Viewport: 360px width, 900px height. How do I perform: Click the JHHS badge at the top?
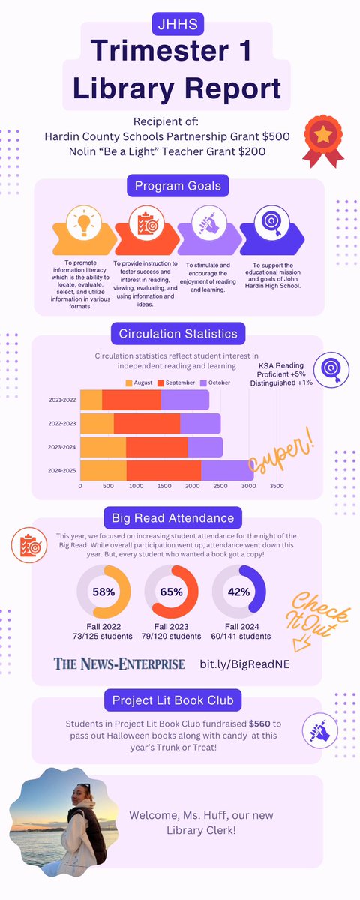(x=179, y=22)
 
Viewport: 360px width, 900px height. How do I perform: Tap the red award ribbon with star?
(x=324, y=140)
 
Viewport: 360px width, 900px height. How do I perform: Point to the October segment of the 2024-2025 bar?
(x=227, y=470)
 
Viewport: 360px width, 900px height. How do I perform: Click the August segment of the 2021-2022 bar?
(x=91, y=400)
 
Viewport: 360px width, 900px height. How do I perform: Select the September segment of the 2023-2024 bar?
(x=157, y=447)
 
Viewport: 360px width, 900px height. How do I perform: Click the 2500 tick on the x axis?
(x=220, y=486)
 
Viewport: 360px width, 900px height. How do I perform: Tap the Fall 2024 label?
(x=238, y=625)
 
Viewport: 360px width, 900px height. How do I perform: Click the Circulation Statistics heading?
(x=178, y=332)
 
